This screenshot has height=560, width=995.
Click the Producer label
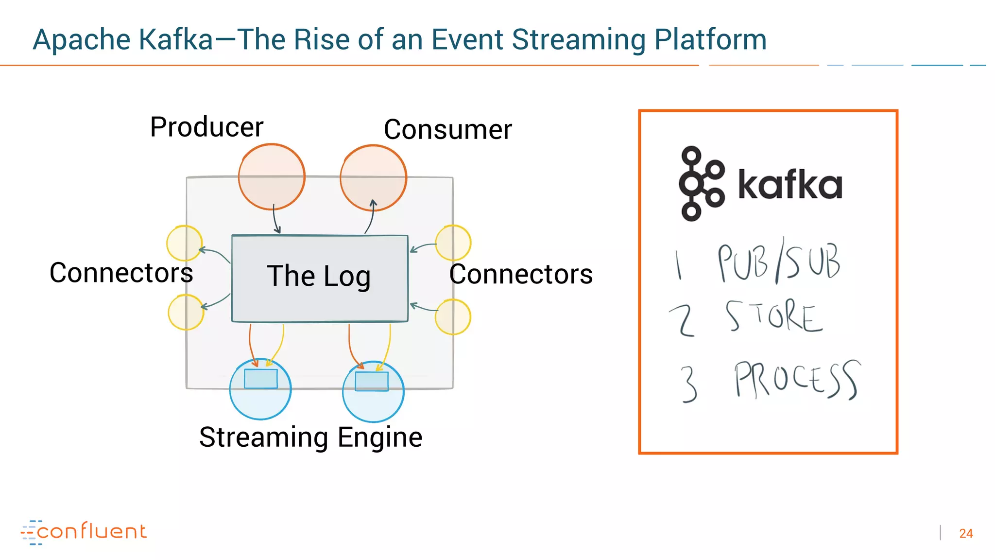[206, 127]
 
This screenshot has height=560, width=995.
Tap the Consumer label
[447, 130]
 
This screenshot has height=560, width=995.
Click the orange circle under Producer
[272, 177]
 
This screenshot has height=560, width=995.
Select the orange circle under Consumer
[373, 177]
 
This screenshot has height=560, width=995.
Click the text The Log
[319, 276]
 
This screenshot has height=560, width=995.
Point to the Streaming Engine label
[310, 437]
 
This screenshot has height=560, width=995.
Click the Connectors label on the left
[121, 273]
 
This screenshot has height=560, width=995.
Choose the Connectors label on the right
[521, 274]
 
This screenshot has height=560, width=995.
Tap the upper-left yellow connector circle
[184, 243]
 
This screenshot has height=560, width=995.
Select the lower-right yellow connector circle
[453, 317]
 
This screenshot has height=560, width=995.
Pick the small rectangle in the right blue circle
[372, 382]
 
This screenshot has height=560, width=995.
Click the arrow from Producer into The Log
[275, 220]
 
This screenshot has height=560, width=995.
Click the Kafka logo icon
[701, 184]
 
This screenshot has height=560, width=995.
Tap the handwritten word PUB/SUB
[779, 262]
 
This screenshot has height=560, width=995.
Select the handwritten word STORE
[774, 316]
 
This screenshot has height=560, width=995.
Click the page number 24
[965, 533]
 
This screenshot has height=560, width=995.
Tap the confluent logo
[84, 532]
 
